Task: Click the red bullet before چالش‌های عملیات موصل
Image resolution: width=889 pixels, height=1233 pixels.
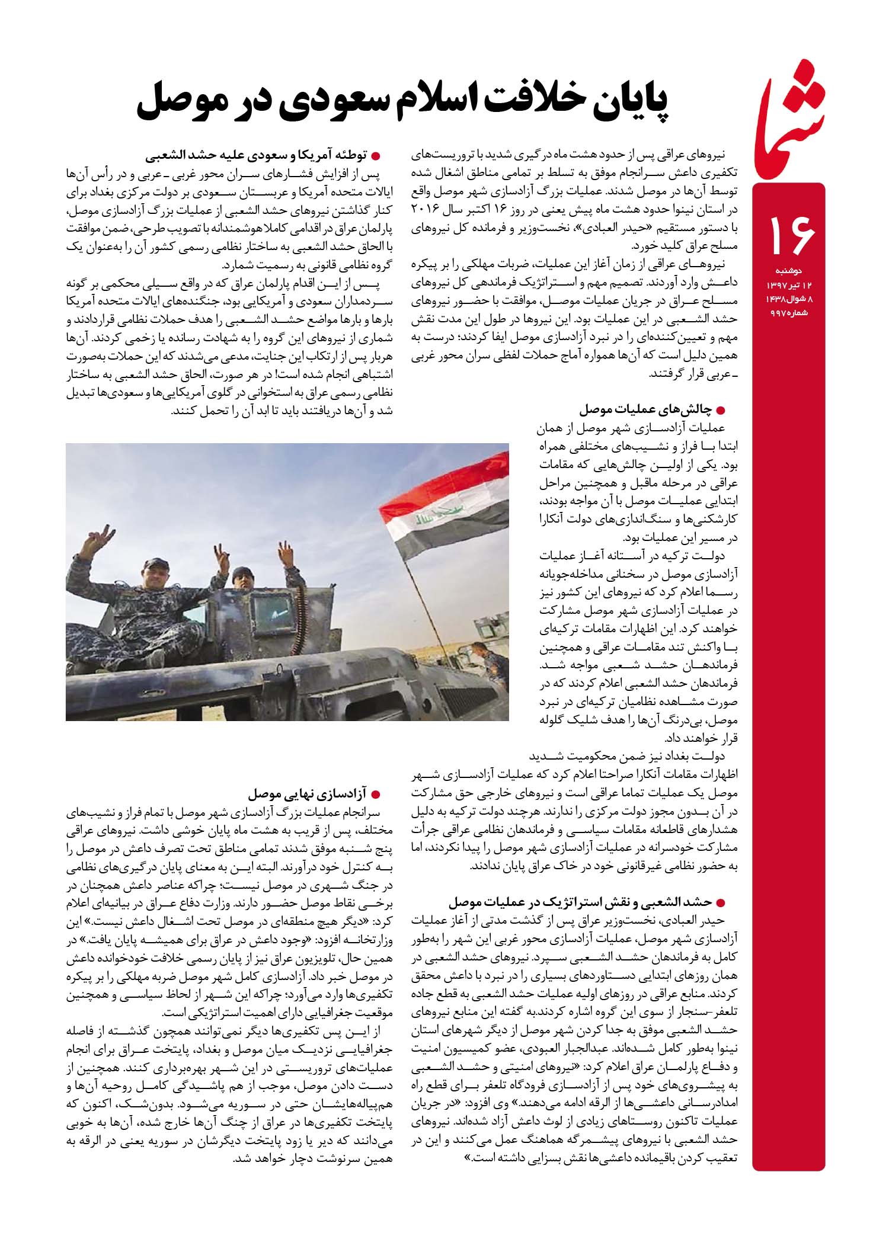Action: [721, 410]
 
